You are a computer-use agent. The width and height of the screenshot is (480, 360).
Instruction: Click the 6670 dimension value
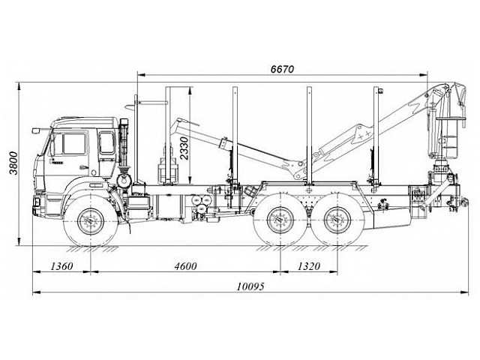tap(282, 69)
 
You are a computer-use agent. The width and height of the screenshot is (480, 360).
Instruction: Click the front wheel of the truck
tap(92, 222)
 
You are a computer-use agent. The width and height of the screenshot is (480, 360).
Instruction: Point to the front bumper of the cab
tap(38, 201)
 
